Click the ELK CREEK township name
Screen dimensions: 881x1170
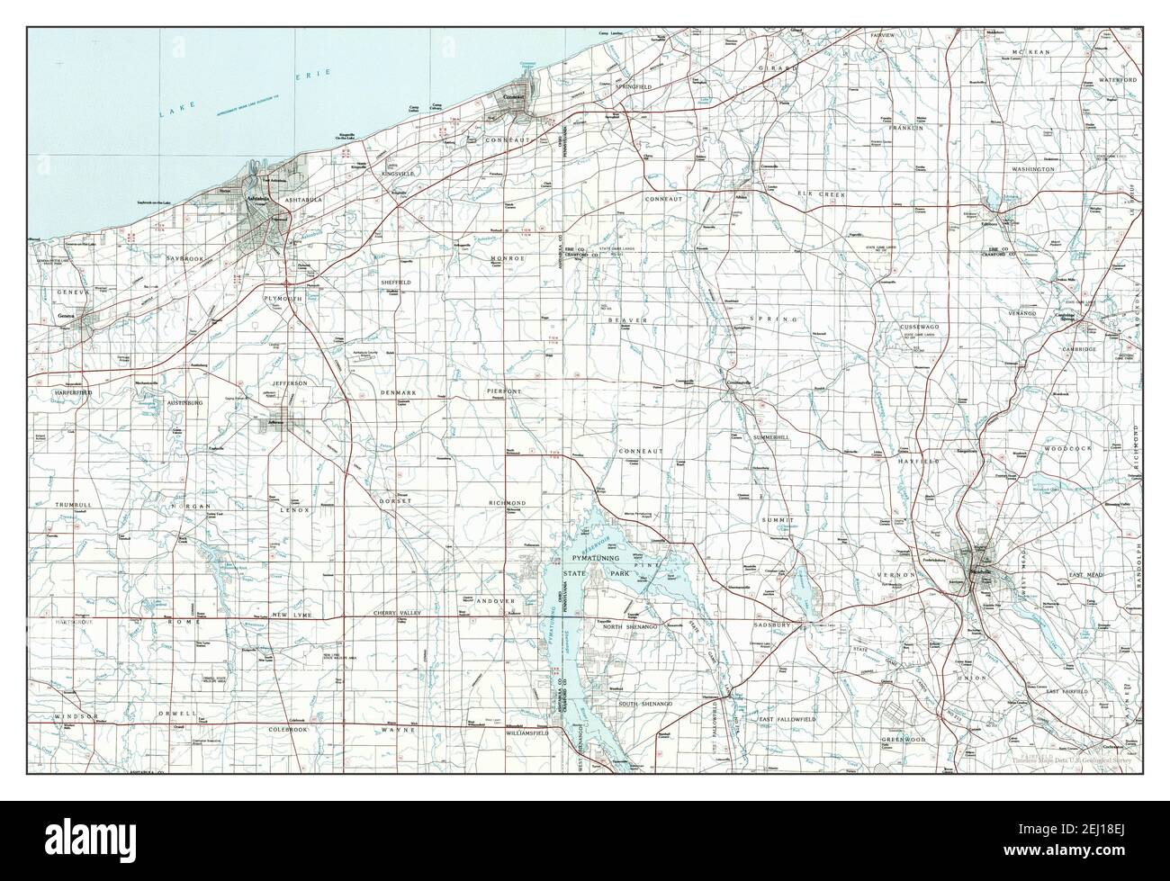(816, 193)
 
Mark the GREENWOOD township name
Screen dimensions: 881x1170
(904, 739)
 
